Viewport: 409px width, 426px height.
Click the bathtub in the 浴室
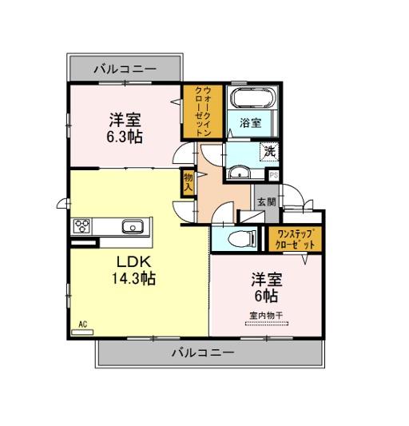253,98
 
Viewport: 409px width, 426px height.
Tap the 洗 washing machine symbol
269,151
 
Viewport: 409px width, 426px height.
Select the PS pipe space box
274,175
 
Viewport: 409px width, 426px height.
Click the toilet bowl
242,239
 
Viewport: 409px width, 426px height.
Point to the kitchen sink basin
133,227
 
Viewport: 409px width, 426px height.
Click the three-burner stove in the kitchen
82,226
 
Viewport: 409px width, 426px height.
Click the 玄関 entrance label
267,202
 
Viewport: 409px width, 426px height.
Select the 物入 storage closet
188,182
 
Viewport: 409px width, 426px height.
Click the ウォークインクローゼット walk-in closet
203,111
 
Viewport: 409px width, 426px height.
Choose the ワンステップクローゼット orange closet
296,239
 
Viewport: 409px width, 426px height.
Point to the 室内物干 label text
266,316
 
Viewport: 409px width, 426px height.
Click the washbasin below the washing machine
239,172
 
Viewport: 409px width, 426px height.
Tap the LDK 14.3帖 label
133,270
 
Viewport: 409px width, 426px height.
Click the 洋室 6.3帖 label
125,128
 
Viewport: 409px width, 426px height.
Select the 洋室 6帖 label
267,288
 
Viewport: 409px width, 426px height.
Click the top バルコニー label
125,69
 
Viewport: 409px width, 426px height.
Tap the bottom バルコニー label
203,352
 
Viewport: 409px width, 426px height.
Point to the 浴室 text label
250,123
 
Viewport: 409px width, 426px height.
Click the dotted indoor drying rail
267,324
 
